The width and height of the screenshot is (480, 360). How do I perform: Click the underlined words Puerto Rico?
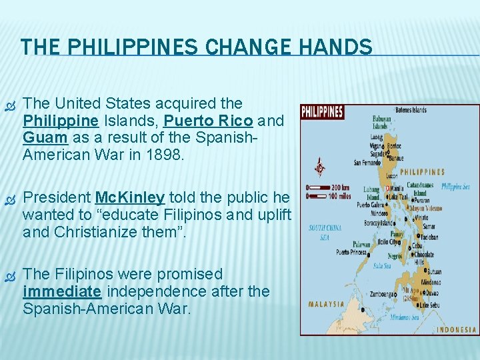tap(208, 121)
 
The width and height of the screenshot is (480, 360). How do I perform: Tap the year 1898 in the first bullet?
tap(168, 155)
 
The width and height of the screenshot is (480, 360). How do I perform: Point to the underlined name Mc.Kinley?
tap(130, 198)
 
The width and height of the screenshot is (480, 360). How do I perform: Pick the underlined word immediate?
tap(62, 292)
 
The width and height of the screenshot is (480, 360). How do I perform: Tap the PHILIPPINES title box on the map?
tap(322, 112)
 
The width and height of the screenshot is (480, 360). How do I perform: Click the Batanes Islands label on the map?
tap(410, 110)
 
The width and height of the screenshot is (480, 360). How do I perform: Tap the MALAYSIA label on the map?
tap(326, 304)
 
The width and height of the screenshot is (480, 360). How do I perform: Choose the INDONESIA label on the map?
tap(457, 329)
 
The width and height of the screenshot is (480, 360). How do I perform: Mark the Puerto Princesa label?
tap(352, 252)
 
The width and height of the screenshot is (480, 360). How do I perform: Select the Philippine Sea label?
tap(455, 187)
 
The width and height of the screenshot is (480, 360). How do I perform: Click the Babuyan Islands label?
tap(381, 123)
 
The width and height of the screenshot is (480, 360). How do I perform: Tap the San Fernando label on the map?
tap(367, 162)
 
